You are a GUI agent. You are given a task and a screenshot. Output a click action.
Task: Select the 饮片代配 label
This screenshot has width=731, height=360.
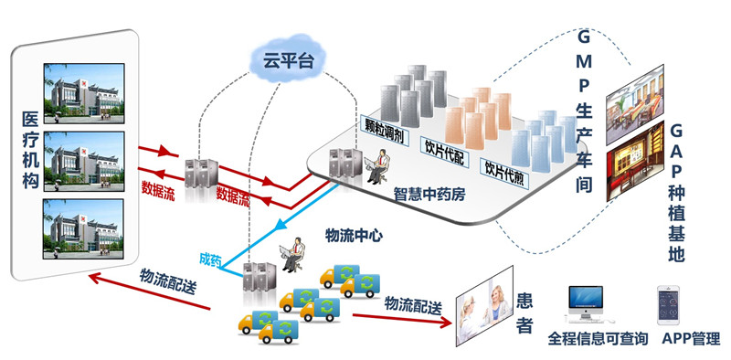tap(444, 151)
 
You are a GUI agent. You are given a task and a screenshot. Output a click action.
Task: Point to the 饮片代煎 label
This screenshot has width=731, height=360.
tap(505, 173)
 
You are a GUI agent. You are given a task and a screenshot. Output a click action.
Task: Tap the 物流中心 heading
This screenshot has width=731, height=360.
tap(354, 236)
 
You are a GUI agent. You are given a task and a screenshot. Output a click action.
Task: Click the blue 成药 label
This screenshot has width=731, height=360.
tap(210, 259)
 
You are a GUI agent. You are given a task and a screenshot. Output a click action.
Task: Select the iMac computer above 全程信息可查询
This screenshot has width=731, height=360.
tap(586, 304)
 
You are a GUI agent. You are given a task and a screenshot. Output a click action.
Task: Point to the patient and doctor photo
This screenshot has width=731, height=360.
tap(484, 305)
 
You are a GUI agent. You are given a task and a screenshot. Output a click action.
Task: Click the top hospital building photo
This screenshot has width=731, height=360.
tap(84, 93)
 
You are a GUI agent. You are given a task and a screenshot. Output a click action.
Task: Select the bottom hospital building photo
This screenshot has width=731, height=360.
tap(84, 229)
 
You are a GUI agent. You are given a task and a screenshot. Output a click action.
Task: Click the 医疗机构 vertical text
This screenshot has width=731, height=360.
tap(31, 150)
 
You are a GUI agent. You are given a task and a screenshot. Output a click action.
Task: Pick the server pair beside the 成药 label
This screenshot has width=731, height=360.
tap(260, 276)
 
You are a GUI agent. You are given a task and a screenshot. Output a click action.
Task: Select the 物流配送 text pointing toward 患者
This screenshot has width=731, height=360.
tap(413, 305)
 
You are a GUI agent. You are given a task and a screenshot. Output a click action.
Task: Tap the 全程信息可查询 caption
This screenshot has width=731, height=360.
tap(599, 339)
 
